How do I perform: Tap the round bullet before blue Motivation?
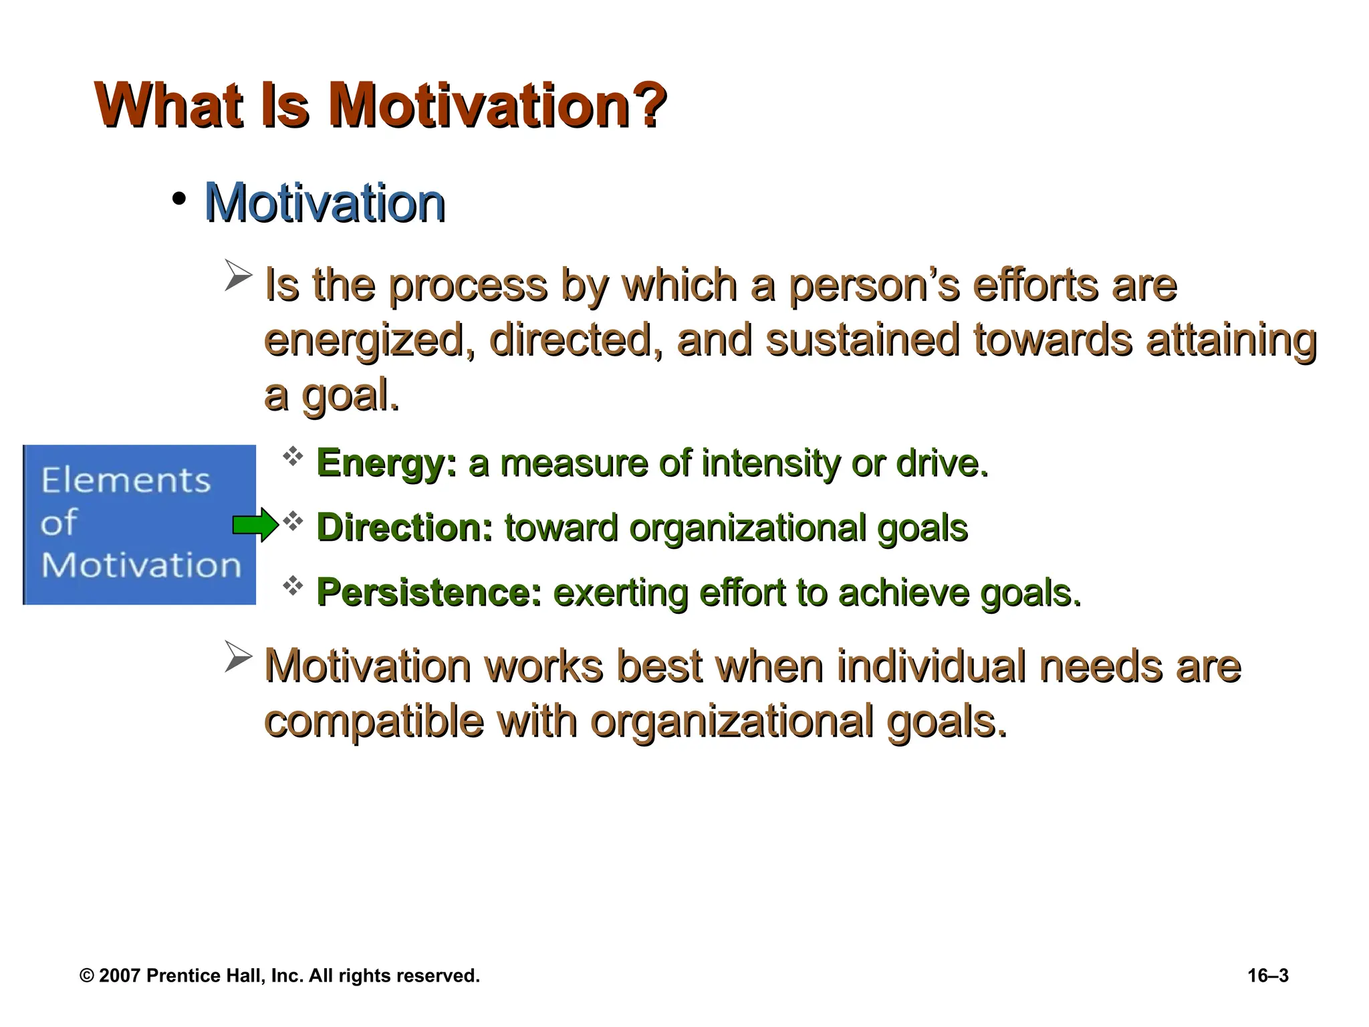pos(178,199)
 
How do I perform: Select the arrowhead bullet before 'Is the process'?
pos(238,275)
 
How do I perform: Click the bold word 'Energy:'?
pos(387,463)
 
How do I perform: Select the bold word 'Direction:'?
pos(404,528)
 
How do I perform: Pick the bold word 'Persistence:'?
pos(428,592)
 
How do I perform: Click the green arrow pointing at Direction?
pos(255,525)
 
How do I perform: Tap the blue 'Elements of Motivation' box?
pos(140,525)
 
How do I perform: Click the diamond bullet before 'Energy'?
pos(293,457)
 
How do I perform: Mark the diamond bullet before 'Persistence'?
pos(293,586)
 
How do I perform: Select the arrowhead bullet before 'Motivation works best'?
pos(238,657)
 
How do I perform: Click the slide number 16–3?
pos(1267,976)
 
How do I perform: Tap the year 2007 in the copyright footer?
pos(120,976)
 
